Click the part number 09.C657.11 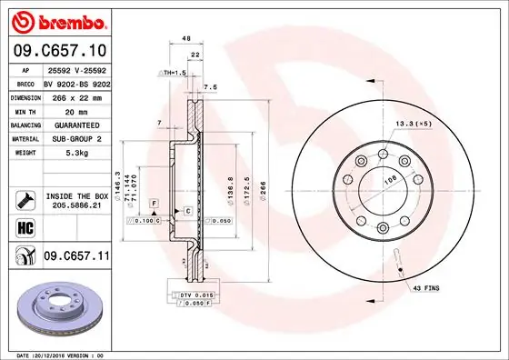pos(75,258)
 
